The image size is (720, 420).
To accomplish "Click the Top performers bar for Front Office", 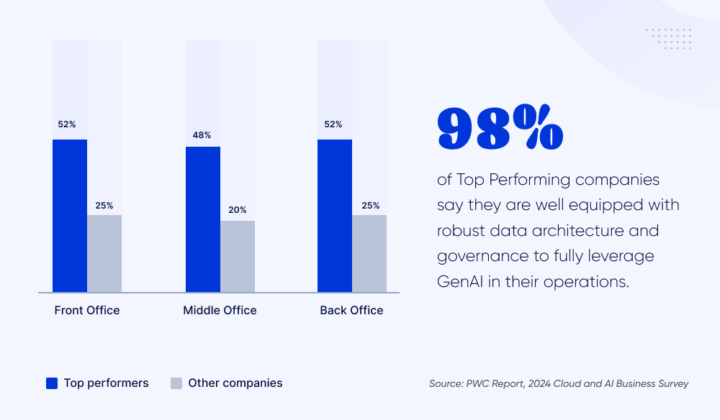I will coord(70,216).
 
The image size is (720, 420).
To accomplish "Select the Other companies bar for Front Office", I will coord(104,253).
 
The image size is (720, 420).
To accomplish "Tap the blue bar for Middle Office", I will coord(203,219).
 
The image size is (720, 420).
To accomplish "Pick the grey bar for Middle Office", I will coord(238,256).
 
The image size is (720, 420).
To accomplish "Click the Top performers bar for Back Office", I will coord(335,216).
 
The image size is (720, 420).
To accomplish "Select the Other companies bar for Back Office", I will coord(369,253).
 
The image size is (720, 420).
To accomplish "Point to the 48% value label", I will coord(202,135).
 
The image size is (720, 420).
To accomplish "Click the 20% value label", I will coord(238,210).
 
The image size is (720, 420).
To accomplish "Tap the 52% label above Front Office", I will coord(67,124).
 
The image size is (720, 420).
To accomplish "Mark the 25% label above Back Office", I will coord(370,206).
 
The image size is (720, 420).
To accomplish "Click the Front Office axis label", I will coord(87,311).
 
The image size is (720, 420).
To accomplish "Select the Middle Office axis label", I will coord(220,311).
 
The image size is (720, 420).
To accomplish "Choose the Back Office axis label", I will coord(351,311).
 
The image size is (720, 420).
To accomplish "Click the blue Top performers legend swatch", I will coord(52,383).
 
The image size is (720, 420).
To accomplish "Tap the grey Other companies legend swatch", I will coord(176,383).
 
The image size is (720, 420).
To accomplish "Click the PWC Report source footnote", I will coord(559,383).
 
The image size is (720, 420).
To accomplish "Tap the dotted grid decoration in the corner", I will coord(668,40).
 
